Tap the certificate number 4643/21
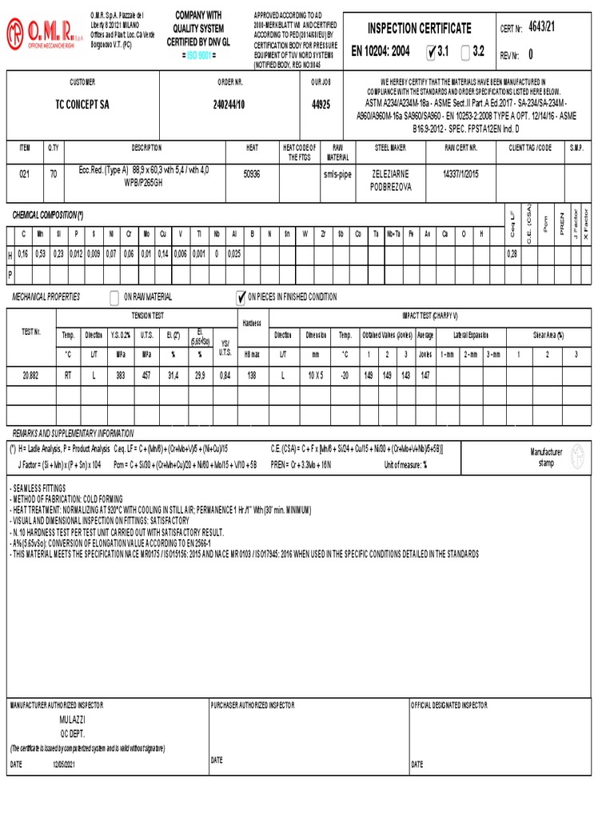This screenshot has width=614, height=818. pos(540,27)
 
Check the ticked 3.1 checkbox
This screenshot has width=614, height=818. pos(433,52)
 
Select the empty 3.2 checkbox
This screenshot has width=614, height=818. pos(466,52)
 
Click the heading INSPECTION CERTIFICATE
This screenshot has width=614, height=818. pos(419,29)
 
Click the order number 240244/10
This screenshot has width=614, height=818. pos(229,105)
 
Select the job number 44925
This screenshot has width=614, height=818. pos(321,105)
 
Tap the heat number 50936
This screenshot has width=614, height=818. pos(251,173)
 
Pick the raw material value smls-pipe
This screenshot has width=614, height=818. pos(337,173)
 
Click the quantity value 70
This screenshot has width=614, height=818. pos(54,173)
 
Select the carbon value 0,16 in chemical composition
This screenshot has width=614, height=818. pos(23,253)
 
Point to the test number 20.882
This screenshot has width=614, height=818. pos(31,375)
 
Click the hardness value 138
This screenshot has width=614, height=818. pos(252,375)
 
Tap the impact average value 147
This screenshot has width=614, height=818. pos(425,375)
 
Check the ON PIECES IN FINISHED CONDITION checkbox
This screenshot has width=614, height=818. pos(241,298)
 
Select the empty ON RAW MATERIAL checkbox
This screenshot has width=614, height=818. pos(114,298)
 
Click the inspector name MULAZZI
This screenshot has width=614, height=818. pos(71,720)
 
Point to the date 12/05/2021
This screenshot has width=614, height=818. pos(63,765)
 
